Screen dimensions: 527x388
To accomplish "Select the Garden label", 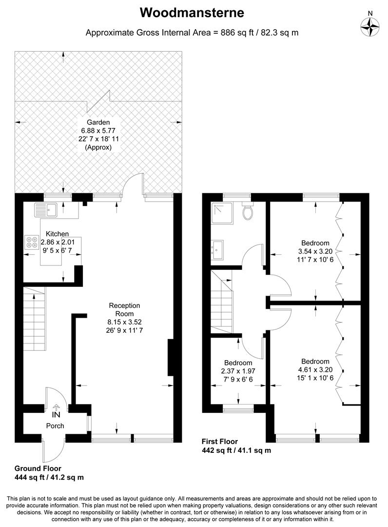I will (x=98, y=122).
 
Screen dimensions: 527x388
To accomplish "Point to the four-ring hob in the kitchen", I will (x=32, y=242).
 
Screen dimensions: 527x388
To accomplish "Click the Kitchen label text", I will (x=57, y=234).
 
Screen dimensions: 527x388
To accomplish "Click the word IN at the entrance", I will (x=57, y=415).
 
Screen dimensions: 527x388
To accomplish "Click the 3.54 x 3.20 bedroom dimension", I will (x=315, y=252).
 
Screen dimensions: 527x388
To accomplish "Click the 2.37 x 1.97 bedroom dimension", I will (x=238, y=371).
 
